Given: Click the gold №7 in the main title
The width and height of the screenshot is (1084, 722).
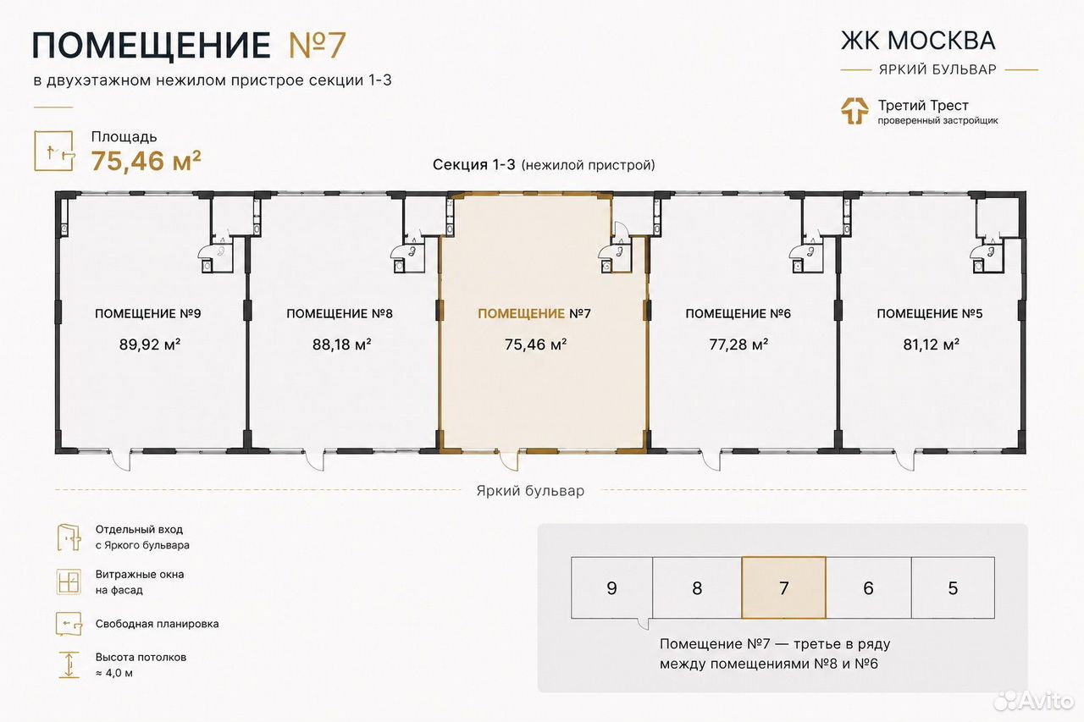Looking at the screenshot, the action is [x=318, y=45].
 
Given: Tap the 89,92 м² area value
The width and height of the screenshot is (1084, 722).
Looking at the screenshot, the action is [x=150, y=344].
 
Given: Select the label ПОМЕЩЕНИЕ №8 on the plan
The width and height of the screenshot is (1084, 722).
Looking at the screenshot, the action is [x=340, y=313].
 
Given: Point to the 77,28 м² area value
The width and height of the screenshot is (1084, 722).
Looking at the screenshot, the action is [x=738, y=344].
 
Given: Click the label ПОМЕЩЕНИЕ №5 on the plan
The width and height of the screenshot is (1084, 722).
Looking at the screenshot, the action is [x=930, y=313].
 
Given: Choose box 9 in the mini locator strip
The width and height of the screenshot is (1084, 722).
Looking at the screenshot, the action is [x=611, y=588].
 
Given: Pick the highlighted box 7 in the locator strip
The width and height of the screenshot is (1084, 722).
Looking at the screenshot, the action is [x=783, y=588].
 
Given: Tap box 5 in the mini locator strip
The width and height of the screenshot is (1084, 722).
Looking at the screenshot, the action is [x=953, y=588].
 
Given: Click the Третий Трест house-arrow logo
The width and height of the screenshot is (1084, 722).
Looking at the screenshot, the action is [x=854, y=111].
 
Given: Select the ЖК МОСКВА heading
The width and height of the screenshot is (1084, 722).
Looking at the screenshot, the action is [x=918, y=41].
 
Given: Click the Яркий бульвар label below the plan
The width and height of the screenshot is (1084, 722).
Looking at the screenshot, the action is [x=530, y=491].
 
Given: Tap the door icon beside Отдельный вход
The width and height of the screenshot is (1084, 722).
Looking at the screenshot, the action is [x=69, y=537].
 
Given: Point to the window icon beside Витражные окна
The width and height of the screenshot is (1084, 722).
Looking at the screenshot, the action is [x=69, y=581].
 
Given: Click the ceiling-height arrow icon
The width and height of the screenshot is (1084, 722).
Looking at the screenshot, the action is [x=69, y=665].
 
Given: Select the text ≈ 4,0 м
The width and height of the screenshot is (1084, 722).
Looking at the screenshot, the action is [x=114, y=673].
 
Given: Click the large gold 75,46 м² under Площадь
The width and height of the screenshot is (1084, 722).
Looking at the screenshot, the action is [x=147, y=161].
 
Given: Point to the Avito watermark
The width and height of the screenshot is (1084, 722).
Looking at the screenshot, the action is [x=1034, y=700].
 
